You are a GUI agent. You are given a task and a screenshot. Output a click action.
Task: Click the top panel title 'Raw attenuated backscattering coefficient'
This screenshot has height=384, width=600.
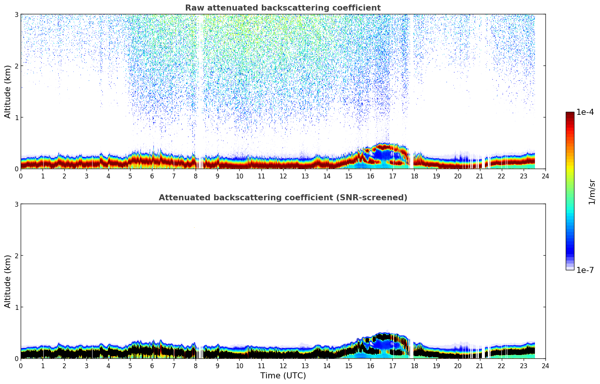[x=283, y=8]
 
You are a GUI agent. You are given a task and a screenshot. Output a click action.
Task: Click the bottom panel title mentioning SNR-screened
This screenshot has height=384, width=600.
[x=283, y=198]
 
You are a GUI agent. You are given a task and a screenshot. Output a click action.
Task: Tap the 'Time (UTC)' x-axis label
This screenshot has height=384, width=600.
[x=283, y=376]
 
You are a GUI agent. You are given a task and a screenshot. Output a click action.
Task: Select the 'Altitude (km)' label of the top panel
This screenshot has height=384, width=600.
[x=8, y=91]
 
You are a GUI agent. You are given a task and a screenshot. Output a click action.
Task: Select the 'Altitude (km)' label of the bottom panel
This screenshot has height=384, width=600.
[x=8, y=281]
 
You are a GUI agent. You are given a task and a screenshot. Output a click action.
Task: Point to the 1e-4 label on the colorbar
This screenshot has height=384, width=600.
[x=585, y=112]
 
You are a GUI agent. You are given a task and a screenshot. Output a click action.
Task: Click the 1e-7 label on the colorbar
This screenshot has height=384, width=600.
[x=585, y=270]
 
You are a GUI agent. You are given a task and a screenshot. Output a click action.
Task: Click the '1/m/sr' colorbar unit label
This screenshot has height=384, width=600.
[x=592, y=192]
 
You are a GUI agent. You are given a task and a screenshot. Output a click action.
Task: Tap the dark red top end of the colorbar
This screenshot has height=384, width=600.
[x=570, y=114]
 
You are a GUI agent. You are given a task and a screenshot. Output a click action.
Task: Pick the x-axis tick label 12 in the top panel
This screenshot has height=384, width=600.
[x=283, y=176]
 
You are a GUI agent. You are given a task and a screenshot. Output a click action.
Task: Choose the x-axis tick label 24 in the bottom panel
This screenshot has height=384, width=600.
[x=545, y=366]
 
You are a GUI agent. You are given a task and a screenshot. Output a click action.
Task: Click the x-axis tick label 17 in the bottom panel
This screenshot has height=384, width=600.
[x=392, y=366]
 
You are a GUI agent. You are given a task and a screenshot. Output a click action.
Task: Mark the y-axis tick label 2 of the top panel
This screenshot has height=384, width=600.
[x=16, y=66]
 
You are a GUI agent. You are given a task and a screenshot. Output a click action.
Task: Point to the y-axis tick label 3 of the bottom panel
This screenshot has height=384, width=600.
[x=16, y=204]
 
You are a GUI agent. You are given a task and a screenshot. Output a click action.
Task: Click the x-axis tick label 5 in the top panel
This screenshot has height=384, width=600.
[x=130, y=176]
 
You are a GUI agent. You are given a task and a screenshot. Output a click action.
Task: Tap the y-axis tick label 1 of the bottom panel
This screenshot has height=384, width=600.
[x=16, y=307]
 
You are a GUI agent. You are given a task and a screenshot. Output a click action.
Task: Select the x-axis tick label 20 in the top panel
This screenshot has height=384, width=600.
[x=458, y=176]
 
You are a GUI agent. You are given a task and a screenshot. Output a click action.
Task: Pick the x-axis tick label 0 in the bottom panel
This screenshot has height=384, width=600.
[x=21, y=366]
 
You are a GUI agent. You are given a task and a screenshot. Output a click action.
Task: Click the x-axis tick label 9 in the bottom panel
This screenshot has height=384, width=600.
[x=217, y=366]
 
